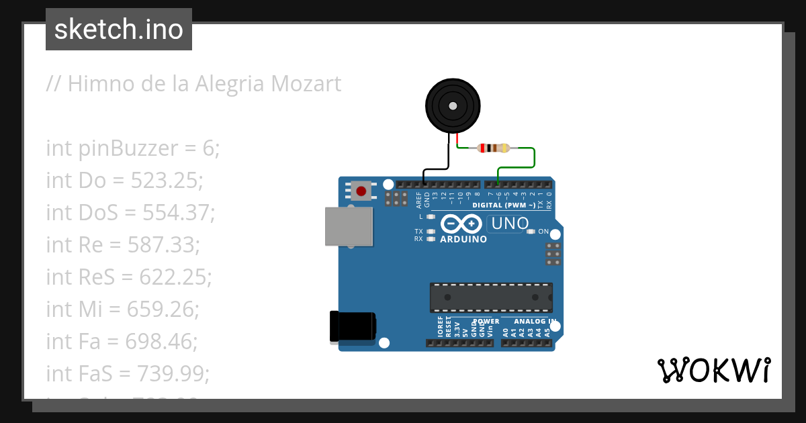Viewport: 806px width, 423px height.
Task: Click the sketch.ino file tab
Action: click(118, 30)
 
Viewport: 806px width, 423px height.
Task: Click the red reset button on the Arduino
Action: click(361, 191)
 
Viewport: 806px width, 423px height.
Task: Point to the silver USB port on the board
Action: click(349, 226)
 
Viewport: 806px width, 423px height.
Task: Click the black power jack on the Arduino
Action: click(353, 328)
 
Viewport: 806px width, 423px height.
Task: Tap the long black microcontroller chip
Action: click(491, 297)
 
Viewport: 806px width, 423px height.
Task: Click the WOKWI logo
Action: click(713, 370)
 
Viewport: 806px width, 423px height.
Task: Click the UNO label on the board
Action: click(508, 224)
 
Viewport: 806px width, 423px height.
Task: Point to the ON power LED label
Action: click(543, 232)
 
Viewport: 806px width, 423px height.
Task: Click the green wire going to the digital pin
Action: click(534, 158)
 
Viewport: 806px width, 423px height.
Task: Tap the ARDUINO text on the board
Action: click(463, 239)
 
